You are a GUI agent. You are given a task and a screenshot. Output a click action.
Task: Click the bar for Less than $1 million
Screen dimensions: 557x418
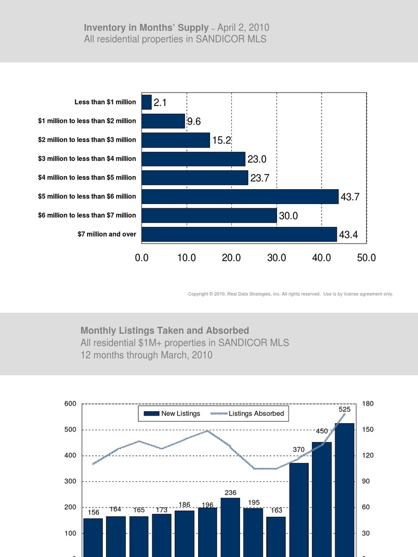click(x=146, y=102)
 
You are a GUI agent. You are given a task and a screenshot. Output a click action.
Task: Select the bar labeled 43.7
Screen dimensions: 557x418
click(x=239, y=196)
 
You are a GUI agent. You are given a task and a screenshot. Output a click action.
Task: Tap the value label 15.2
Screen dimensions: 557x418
click(x=223, y=140)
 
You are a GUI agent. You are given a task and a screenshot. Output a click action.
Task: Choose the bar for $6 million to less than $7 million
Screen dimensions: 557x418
click(x=209, y=215)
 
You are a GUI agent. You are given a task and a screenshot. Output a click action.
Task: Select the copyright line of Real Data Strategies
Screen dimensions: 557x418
click(x=290, y=294)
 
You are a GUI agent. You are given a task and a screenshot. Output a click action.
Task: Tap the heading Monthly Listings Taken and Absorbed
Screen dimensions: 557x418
click(x=165, y=330)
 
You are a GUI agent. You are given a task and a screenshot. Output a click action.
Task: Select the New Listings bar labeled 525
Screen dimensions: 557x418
click(x=345, y=490)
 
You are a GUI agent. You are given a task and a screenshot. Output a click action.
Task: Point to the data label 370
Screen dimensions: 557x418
click(x=299, y=450)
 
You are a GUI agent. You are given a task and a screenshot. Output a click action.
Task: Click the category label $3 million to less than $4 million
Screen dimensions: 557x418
click(x=87, y=159)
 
